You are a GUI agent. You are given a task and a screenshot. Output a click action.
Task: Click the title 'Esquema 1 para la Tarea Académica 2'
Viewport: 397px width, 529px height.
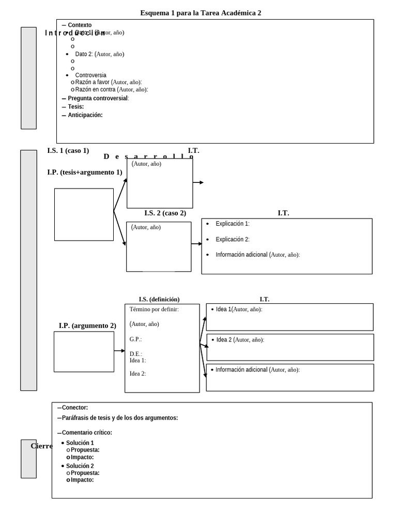click(x=201, y=13)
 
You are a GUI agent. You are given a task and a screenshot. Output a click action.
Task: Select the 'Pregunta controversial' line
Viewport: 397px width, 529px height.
click(x=98, y=98)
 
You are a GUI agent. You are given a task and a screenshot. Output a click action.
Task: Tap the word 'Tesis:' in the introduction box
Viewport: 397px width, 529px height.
click(x=75, y=106)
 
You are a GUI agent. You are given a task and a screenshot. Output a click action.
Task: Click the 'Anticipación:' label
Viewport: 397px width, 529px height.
click(x=85, y=115)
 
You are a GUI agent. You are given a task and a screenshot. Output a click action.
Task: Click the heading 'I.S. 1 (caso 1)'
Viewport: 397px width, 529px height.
click(x=68, y=151)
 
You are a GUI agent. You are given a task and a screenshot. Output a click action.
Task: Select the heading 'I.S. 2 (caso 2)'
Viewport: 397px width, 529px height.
click(x=165, y=213)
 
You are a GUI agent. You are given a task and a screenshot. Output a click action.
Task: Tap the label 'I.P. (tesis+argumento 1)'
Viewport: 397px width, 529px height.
click(x=84, y=173)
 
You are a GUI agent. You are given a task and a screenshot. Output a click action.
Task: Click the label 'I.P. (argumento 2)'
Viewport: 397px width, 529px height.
click(x=87, y=325)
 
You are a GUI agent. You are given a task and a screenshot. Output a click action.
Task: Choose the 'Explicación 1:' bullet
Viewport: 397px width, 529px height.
click(x=232, y=224)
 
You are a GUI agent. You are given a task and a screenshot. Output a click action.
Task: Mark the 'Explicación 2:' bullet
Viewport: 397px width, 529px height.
click(x=232, y=239)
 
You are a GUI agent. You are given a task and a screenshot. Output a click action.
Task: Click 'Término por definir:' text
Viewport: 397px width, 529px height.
click(x=154, y=309)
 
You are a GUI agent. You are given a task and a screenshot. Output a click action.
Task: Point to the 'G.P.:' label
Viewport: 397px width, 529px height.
click(x=135, y=339)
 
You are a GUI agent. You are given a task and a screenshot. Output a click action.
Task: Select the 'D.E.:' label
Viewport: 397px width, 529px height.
click(x=135, y=354)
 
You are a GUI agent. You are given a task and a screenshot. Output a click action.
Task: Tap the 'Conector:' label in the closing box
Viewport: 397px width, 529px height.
click(x=74, y=408)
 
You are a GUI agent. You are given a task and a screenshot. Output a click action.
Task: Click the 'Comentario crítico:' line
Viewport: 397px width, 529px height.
click(x=86, y=432)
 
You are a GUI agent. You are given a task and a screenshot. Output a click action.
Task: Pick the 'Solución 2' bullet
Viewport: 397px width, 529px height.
click(x=80, y=466)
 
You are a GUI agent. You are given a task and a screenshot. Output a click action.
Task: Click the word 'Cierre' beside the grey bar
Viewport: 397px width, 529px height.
click(x=41, y=446)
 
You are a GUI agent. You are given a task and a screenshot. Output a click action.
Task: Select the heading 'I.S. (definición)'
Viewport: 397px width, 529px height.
click(x=159, y=299)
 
